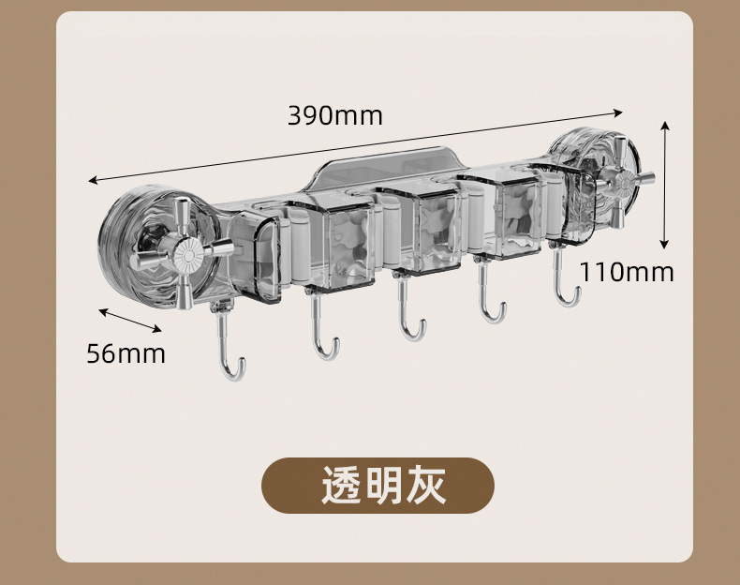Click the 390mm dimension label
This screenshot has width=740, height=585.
pyautogui.click(x=334, y=115)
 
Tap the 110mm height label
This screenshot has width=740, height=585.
pyautogui.click(x=626, y=272)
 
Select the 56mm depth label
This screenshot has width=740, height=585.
pyautogui.click(x=126, y=353)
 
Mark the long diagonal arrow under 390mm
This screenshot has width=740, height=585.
pyautogui.click(x=356, y=142)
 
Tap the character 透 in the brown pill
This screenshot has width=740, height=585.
pyautogui.click(x=340, y=486)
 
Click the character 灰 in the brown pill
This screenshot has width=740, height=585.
pyautogui.click(x=424, y=486)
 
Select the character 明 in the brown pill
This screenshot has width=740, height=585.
pyautogui.click(x=382, y=486)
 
